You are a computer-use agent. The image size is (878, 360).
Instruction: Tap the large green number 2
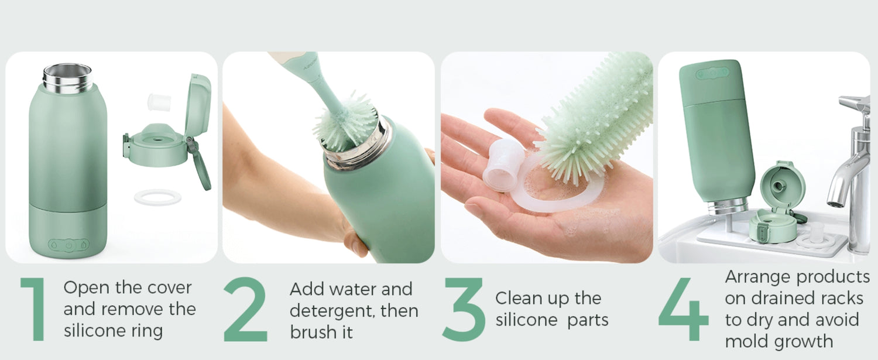pos(246,309)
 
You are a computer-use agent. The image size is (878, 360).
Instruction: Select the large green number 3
pos(464,309)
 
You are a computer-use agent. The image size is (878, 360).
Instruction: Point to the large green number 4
pos(684,309)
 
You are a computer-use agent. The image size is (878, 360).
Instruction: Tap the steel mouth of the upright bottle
pos(68,78)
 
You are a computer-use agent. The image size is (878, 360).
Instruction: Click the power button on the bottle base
pos(68,245)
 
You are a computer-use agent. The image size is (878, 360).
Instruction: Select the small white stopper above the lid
pos(159,102)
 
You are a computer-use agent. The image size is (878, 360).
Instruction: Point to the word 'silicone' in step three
pos(527,320)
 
